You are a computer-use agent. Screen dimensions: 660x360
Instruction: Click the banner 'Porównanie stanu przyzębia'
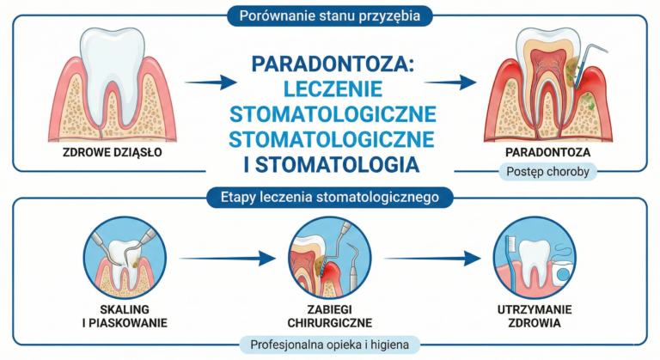click(x=330, y=16)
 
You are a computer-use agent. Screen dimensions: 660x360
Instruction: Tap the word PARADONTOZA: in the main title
click(x=333, y=64)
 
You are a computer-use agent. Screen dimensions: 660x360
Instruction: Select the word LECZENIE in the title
click(x=333, y=88)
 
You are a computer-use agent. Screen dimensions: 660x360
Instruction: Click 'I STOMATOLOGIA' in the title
click(x=332, y=165)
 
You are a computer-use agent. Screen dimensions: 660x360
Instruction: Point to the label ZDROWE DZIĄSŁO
click(x=113, y=152)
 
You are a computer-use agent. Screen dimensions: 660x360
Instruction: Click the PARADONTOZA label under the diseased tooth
click(x=547, y=152)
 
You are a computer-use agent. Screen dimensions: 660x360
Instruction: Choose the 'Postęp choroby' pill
click(x=547, y=172)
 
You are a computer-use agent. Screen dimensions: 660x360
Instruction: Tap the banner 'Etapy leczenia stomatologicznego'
click(x=330, y=197)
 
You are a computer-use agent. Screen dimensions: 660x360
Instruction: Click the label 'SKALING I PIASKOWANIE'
click(x=125, y=316)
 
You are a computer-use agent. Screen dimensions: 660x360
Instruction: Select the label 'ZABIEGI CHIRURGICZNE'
click(x=330, y=316)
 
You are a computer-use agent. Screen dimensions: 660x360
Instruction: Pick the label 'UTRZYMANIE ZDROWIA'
click(x=535, y=316)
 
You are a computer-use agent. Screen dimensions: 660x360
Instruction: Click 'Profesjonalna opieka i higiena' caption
click(x=330, y=345)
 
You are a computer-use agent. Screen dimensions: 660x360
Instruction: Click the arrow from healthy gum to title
click(x=211, y=82)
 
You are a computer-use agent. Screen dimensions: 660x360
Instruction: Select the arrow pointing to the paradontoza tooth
click(x=450, y=82)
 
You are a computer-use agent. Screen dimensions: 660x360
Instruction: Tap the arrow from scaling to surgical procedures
click(x=227, y=258)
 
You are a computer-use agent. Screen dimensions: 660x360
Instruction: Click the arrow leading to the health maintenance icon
click(x=432, y=258)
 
